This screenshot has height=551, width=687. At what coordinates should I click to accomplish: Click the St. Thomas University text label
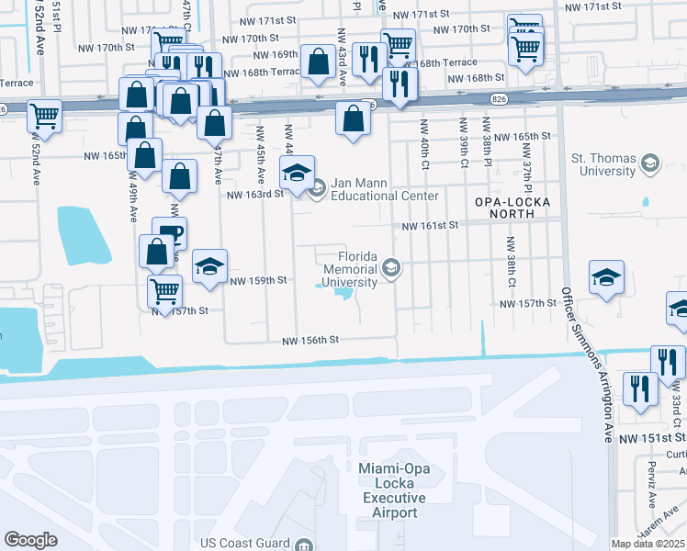pos(603,164)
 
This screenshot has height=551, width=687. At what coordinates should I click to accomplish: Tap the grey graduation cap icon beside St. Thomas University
pos(650,164)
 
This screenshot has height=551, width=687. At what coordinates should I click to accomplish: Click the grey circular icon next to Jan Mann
pos(318,190)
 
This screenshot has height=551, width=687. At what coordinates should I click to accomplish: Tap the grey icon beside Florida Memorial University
pos(391,268)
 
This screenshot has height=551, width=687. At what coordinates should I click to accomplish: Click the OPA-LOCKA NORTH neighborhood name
pos(504,207)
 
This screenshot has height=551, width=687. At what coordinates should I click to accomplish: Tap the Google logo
pos(30,540)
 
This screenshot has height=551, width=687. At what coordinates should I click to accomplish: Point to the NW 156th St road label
pos(310,340)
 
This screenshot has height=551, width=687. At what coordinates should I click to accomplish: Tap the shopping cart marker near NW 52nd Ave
pos(44,116)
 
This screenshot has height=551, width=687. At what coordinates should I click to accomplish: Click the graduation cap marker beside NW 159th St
pos(210,266)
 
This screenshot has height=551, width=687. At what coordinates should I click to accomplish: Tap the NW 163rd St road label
pos(254,195)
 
